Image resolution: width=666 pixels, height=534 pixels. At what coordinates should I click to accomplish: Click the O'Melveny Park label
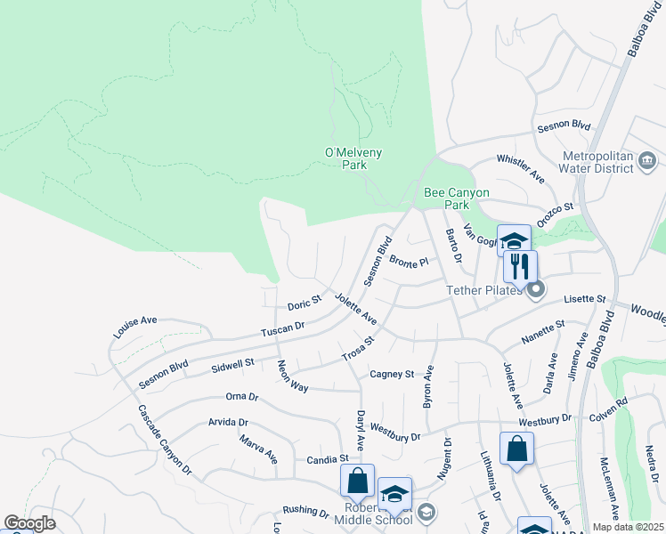[x=353, y=158]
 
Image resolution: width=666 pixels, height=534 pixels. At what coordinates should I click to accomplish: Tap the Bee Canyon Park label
[x=456, y=198]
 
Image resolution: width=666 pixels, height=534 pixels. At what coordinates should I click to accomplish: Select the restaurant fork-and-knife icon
[x=520, y=266]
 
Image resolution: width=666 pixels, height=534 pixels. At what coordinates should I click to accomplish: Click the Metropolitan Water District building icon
[x=647, y=161]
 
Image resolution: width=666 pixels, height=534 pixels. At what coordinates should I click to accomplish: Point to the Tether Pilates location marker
[x=535, y=289]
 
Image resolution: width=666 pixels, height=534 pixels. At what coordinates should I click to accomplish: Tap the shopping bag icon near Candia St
[x=357, y=481]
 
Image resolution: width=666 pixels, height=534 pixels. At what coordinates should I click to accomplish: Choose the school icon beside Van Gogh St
[x=514, y=240]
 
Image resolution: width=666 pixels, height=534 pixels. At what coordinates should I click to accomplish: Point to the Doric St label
[x=304, y=303]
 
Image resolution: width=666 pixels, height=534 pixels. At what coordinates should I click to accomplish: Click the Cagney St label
[x=393, y=375]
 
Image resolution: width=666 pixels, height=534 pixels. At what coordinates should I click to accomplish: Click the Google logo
[x=29, y=523]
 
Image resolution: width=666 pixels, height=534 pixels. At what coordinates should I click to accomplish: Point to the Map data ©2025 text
[x=628, y=527]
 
